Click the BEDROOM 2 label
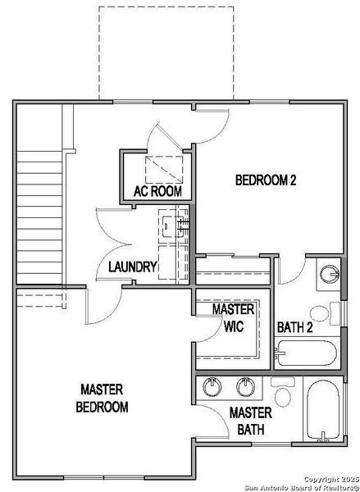click(266, 180)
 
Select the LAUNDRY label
click(132, 266)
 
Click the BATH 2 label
click(295, 327)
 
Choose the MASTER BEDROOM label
click(103, 397)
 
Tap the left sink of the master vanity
click(213, 385)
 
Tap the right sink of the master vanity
click(245, 385)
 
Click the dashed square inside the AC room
click(162, 170)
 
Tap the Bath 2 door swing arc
click(292, 271)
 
